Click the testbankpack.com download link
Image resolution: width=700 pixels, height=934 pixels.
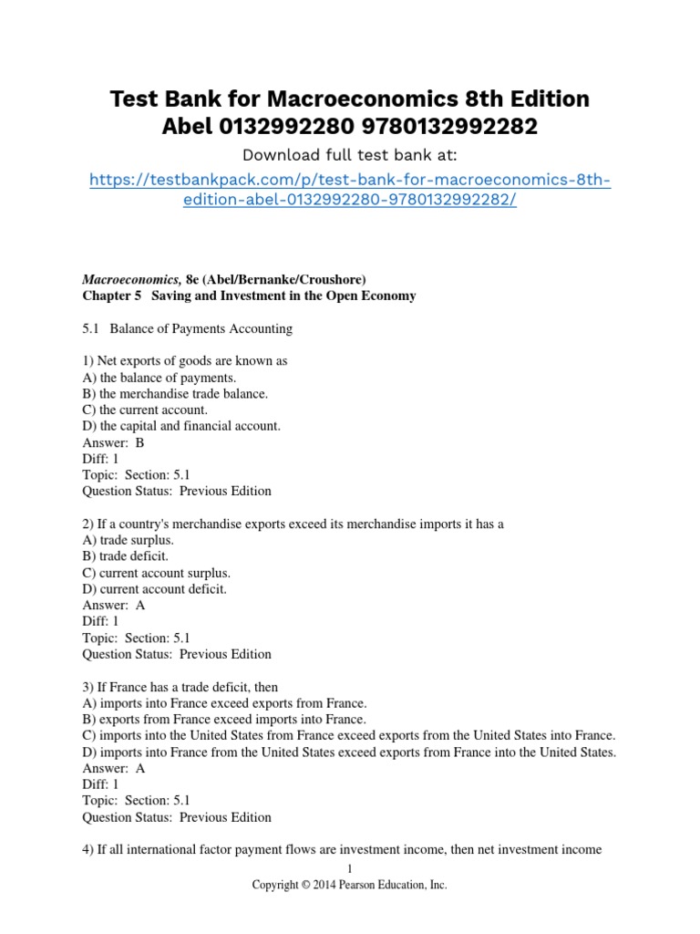coord(350,190)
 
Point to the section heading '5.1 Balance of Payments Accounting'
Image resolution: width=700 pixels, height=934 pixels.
coord(187,328)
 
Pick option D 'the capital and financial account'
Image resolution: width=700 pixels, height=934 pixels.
coord(181,426)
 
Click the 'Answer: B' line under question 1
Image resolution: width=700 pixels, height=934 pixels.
coord(113,442)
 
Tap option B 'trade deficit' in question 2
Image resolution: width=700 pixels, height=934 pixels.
coord(126,556)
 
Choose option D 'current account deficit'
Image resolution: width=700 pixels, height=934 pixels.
coord(154,589)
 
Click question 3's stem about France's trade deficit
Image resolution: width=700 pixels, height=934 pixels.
coord(180,687)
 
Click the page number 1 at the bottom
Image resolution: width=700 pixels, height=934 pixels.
coord(350,867)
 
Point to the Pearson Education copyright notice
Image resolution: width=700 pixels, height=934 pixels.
coord(350,885)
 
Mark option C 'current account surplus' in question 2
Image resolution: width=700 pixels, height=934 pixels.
coord(156,573)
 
